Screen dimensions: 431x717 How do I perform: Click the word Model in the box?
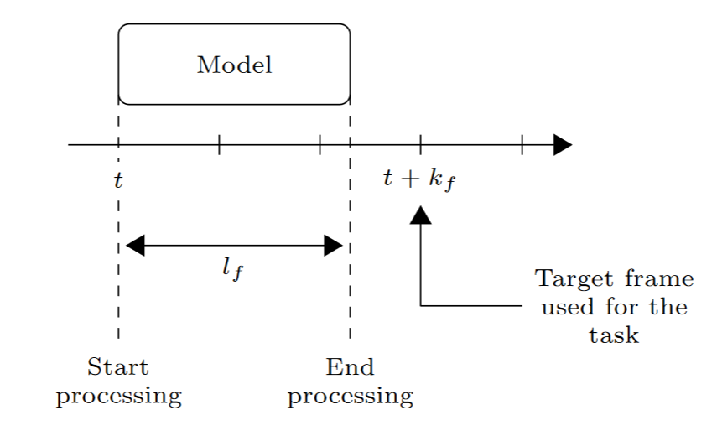pos(234,65)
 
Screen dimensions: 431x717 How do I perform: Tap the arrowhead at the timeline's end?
pos(563,145)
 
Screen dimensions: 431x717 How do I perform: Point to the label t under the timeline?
pos(118,179)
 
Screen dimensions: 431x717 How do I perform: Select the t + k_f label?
pos(418,179)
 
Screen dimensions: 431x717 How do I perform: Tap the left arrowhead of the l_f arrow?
pos(134,246)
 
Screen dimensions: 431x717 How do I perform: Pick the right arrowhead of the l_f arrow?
pos(334,246)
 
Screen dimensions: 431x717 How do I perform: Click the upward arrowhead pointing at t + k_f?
pos(420,215)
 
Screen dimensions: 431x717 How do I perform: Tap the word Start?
pos(118,367)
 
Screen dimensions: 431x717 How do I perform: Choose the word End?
pos(350,367)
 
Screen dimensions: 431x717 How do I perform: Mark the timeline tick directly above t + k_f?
pos(420,145)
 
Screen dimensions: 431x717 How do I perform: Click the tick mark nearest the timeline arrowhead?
pos(522,145)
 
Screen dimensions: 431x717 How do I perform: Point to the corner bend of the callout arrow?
pos(420,306)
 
